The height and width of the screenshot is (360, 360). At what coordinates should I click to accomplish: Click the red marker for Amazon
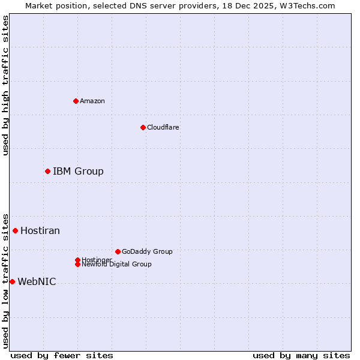tap(76, 101)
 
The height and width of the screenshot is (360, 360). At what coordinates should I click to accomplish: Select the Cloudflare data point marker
tap(143, 127)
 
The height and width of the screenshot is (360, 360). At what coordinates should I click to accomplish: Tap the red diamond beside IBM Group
tap(47, 172)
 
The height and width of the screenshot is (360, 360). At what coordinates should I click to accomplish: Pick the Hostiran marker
tap(15, 230)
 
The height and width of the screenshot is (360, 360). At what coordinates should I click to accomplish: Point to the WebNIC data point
tap(12, 281)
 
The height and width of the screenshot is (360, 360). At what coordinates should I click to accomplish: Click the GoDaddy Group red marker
tap(118, 251)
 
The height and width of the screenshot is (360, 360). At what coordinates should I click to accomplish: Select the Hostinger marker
tap(77, 260)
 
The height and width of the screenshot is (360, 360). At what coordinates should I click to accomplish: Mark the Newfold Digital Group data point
tap(77, 264)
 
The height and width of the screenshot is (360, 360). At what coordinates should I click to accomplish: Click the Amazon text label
tap(92, 101)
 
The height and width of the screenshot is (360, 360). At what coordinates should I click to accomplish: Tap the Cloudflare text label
tap(163, 127)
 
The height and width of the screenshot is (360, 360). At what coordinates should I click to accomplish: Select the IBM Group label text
tap(78, 172)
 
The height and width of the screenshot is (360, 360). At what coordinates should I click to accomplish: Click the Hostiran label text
tap(40, 230)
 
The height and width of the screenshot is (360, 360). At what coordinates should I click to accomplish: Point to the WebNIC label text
tap(37, 281)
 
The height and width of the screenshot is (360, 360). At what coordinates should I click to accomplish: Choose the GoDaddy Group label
tap(147, 251)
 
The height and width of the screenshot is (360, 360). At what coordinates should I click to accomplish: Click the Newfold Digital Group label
tap(116, 264)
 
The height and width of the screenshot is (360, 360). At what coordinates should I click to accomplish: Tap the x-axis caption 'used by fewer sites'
tap(62, 355)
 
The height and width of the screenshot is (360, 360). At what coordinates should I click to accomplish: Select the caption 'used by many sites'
tap(301, 355)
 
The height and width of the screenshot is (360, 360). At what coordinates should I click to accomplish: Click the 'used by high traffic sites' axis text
tap(5, 85)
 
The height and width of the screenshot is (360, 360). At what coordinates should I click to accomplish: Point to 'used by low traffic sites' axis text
tap(5, 281)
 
